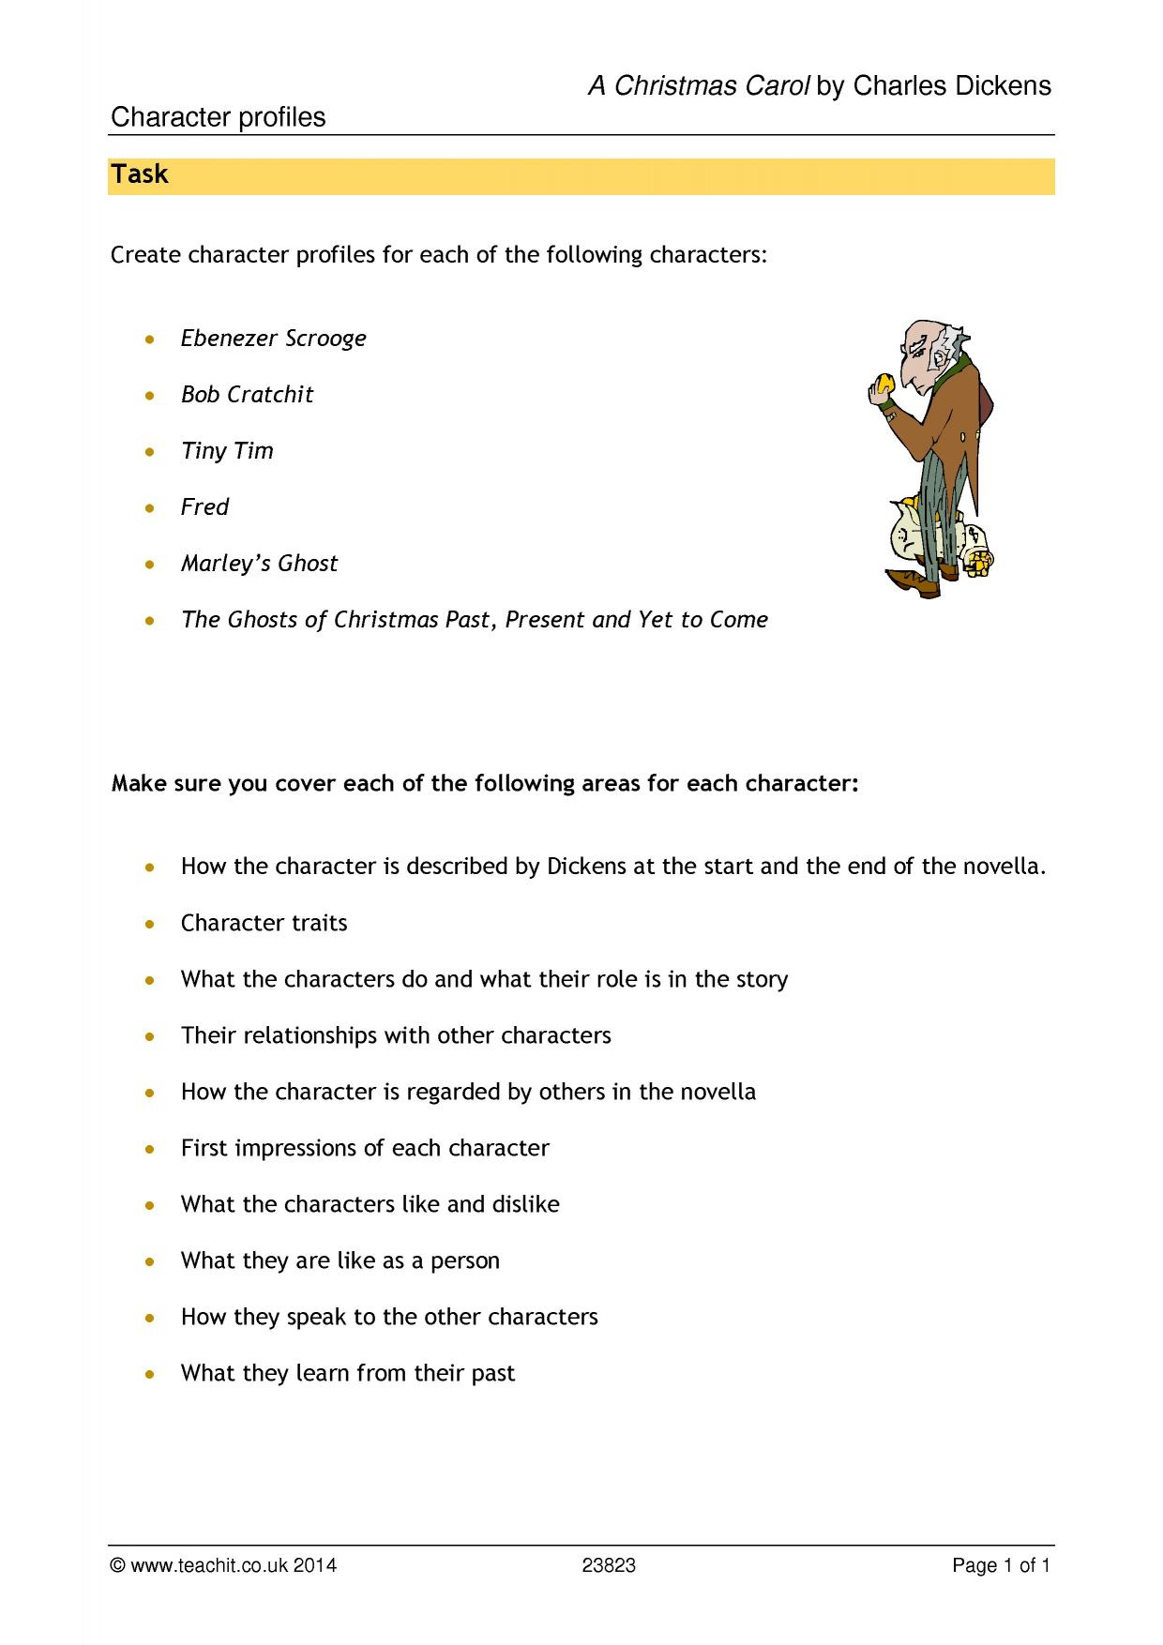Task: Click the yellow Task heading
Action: pyautogui.click(x=140, y=175)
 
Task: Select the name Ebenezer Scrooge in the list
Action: pyautogui.click(x=273, y=339)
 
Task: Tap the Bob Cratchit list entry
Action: pyautogui.click(x=247, y=395)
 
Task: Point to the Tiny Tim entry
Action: pyautogui.click(x=227, y=451)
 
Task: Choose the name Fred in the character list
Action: pyautogui.click(x=204, y=507)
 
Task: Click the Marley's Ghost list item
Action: pyautogui.click(x=259, y=564)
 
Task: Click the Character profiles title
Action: pyautogui.click(x=219, y=118)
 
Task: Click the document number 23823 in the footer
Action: pyautogui.click(x=609, y=1565)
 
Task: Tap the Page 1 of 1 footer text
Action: pyautogui.click(x=1001, y=1565)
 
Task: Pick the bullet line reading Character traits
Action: pyautogui.click(x=264, y=923)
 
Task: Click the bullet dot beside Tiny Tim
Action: pyautogui.click(x=150, y=452)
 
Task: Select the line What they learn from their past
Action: pyautogui.click(x=348, y=1373)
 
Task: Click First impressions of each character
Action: pyautogui.click(x=365, y=1148)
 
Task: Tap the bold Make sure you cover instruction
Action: pyautogui.click(x=485, y=783)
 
